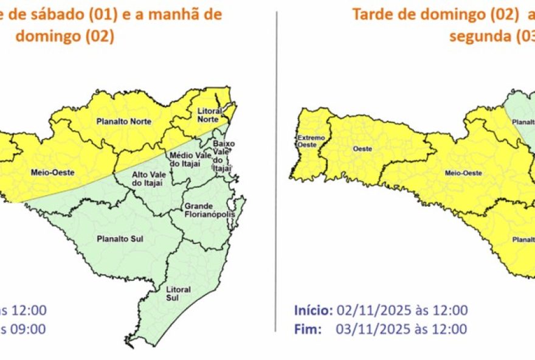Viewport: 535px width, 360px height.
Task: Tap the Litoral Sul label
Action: pos(178,293)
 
